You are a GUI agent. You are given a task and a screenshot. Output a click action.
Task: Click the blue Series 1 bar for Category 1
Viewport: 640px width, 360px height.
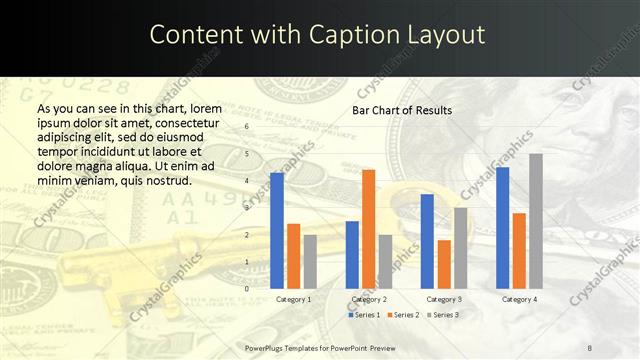277,230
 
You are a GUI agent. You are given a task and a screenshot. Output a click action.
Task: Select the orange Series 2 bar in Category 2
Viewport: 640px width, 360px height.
368,229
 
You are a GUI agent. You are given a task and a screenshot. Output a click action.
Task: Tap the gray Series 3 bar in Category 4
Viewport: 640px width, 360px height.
536,221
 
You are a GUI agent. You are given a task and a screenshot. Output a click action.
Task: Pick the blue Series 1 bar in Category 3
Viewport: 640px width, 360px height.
427,241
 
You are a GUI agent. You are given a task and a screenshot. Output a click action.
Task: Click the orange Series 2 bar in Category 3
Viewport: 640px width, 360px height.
444,264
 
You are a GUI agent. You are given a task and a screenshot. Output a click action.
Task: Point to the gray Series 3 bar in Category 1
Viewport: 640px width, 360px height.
310,261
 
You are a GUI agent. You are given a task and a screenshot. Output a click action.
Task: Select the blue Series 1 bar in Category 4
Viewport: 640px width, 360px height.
502,227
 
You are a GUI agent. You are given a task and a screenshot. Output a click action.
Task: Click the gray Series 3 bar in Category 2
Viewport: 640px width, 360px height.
385,261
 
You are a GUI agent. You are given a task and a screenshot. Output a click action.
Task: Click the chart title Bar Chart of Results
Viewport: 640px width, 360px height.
402,110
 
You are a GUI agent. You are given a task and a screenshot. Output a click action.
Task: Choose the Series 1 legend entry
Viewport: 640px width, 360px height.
364,315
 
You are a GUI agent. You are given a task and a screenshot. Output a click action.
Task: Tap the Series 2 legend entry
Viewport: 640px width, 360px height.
403,315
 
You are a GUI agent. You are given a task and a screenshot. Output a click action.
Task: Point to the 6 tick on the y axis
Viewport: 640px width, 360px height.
247,127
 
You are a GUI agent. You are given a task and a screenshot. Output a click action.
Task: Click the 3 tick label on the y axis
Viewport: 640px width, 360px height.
247,208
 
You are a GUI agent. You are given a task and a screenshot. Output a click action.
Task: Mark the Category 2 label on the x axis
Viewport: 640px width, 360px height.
369,299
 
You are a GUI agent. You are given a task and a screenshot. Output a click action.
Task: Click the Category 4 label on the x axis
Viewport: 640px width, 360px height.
519,299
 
